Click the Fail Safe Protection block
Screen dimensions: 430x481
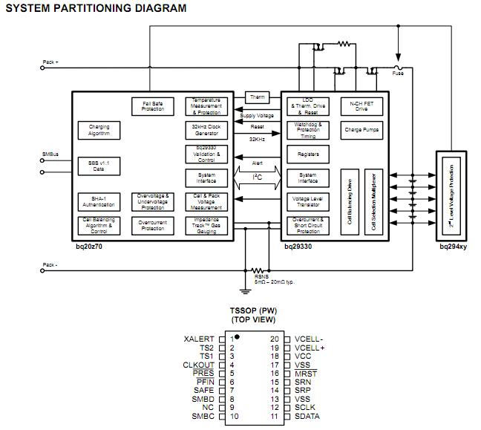[x=153, y=106]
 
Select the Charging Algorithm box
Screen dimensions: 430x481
[x=99, y=131]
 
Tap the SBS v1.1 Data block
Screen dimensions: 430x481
[x=99, y=166]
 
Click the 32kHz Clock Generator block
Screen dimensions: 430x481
[x=206, y=130]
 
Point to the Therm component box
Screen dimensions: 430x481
[x=258, y=97]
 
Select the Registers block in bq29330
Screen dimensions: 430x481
[x=308, y=154]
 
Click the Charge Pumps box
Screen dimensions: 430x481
[x=361, y=130]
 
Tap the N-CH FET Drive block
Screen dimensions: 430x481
[x=361, y=106]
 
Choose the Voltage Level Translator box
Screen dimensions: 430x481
[x=308, y=201]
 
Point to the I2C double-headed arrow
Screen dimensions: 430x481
[x=258, y=177]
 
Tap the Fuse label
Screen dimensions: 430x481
[x=399, y=74]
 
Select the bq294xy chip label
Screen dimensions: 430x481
[x=452, y=246]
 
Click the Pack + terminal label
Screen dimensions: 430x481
[x=50, y=62]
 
